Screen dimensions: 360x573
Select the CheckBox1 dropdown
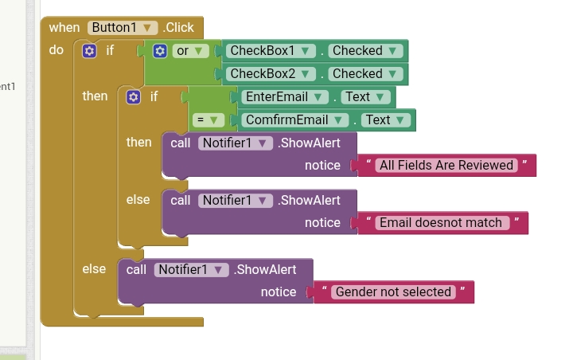point(269,50)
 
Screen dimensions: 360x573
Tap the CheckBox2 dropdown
point(269,73)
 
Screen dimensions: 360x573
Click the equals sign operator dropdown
point(208,119)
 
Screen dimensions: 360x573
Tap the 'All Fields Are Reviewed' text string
point(446,166)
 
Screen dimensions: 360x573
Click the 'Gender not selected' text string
point(393,292)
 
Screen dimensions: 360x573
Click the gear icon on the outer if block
point(90,50)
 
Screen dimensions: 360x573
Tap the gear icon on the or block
point(160,50)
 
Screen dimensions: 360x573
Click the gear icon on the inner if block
point(134,96)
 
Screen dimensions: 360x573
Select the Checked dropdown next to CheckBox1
point(364,50)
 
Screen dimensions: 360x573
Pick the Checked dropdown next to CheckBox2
point(364,73)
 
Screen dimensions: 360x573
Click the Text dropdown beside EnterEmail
point(364,96)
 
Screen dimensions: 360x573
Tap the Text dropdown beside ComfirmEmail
point(385,119)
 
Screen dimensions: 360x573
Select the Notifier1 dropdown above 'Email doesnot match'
point(235,200)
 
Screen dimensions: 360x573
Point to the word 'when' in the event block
point(64,27)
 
